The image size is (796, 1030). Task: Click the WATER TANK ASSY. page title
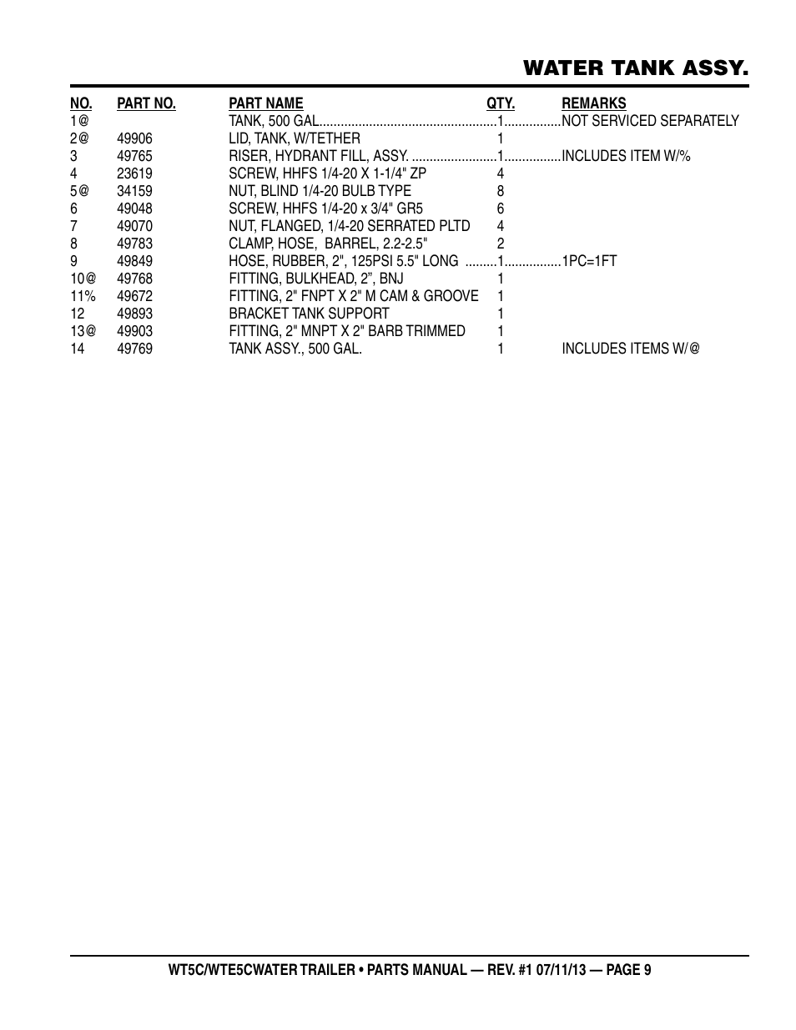pyautogui.click(x=636, y=68)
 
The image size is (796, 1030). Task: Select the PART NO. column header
pyautogui.click(x=146, y=103)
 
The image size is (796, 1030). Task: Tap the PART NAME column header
pyautogui.click(x=266, y=103)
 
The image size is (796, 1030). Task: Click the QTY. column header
pyautogui.click(x=501, y=103)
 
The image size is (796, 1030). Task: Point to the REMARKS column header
pyautogui.click(x=593, y=103)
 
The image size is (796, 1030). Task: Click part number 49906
pyautogui.click(x=134, y=138)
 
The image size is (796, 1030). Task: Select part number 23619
pyautogui.click(x=134, y=173)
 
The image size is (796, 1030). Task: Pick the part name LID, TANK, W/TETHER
pyautogui.click(x=295, y=138)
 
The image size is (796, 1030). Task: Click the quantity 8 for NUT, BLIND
pyautogui.click(x=501, y=191)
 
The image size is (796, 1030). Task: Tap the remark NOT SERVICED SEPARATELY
pyautogui.click(x=650, y=121)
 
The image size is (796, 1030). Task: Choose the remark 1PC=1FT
pyautogui.click(x=589, y=261)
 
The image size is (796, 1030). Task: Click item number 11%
pyautogui.click(x=83, y=296)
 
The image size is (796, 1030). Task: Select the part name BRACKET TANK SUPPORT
pyautogui.click(x=309, y=314)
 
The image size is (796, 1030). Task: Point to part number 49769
pyautogui.click(x=134, y=349)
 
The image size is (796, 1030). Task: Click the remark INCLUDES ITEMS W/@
pyautogui.click(x=630, y=349)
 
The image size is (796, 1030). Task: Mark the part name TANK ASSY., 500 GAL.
pyautogui.click(x=295, y=349)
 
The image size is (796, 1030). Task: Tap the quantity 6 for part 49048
pyautogui.click(x=501, y=209)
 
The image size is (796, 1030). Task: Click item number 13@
pyautogui.click(x=83, y=331)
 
